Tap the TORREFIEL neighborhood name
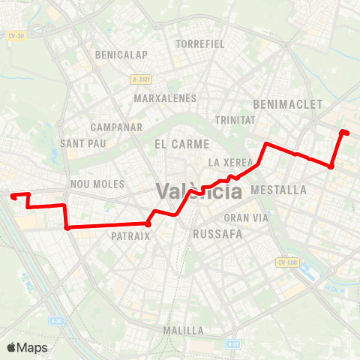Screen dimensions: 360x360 (200, 43)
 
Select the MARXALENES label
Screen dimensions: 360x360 (165, 98)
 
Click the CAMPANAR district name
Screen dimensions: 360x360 (112, 127)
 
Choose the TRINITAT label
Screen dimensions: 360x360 (235, 120)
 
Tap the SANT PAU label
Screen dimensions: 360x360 (82, 143)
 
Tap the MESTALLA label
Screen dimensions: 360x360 (280, 190)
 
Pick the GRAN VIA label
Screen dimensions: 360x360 (241, 218)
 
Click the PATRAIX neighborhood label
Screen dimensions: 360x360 (131, 235)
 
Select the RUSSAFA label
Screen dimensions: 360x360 (217, 234)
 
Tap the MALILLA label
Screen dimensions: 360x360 (183, 330)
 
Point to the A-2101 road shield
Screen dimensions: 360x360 (140, 78)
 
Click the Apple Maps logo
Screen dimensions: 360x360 (27, 347)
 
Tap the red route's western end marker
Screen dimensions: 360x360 (13, 196)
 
